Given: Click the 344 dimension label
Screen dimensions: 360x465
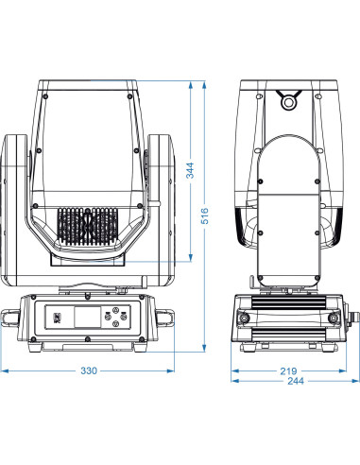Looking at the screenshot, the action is pyautogui.click(x=190, y=170).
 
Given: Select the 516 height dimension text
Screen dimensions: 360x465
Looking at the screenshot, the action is pyautogui.click(x=205, y=215).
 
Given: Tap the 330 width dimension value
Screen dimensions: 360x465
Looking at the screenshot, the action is pyautogui.click(x=89, y=370).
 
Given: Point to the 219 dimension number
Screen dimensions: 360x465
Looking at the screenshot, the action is pyautogui.click(x=288, y=371).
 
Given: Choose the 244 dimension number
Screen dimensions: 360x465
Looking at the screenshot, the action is pyautogui.click(x=296, y=381).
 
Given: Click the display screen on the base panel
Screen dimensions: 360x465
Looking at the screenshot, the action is pyautogui.click(x=88, y=317).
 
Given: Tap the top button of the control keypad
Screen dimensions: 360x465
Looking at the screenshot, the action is pyautogui.click(x=116, y=310).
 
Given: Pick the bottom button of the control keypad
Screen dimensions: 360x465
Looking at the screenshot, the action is pyautogui.click(x=115, y=323).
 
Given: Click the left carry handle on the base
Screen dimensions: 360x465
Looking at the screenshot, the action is pyautogui.click(x=9, y=318).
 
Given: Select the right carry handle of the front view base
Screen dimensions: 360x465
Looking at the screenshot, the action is pyautogui.click(x=164, y=318).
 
